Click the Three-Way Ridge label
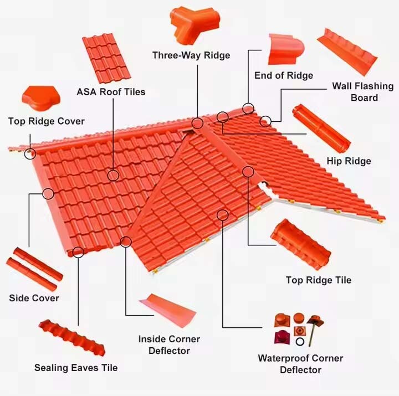(191, 55)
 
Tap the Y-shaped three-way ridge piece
(188, 25)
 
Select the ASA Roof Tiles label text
(111, 92)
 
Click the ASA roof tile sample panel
(107, 58)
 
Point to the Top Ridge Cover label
(47, 121)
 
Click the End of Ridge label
(283, 75)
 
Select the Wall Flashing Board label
(363, 92)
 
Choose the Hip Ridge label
(349, 161)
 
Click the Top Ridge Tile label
(318, 280)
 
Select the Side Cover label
(34, 299)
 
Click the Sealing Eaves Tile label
(76, 368)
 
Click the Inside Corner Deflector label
(169, 344)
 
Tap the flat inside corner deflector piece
(167, 310)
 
